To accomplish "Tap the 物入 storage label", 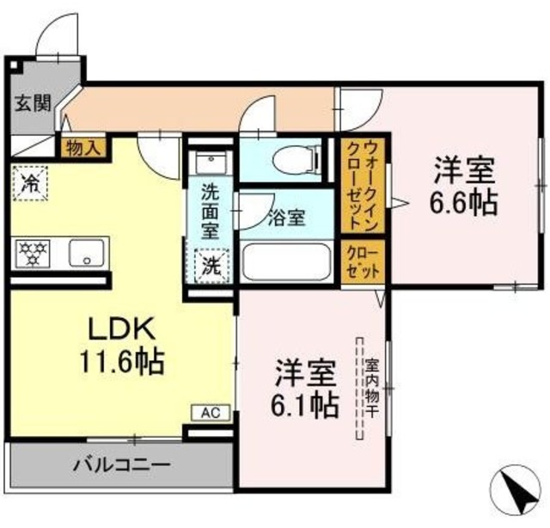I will click(83, 147).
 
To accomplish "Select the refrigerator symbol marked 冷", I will click(31, 182).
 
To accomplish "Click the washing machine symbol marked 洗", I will click(211, 266).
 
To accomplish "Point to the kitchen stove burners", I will click(34, 252).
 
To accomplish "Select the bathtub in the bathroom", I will click(286, 261).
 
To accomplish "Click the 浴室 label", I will click(286, 218).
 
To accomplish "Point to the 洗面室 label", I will click(210, 210).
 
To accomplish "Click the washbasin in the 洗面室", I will click(210, 163).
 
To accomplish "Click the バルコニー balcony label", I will click(120, 465).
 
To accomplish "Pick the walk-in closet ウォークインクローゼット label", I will click(359, 185).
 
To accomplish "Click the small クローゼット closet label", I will click(359, 261).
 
